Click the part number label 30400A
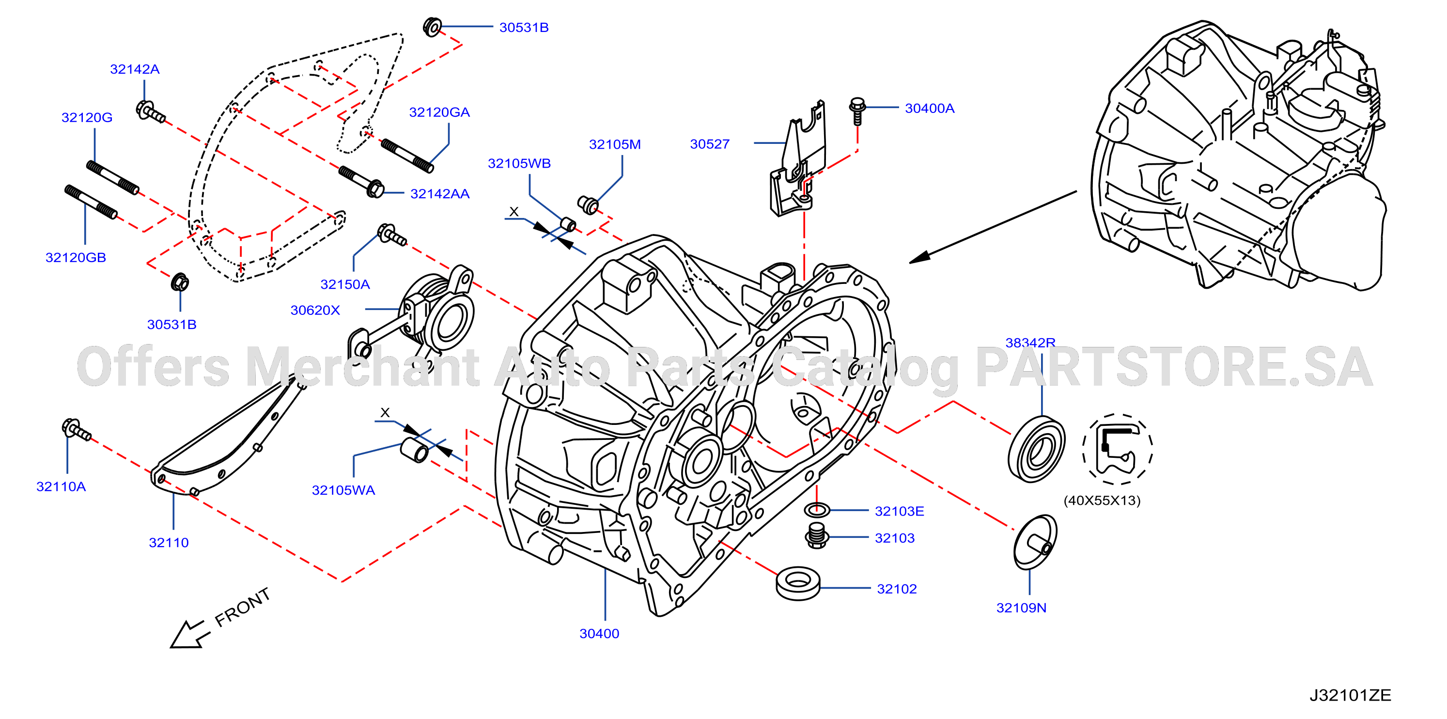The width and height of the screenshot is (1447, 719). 929,108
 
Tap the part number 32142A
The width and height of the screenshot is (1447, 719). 135,69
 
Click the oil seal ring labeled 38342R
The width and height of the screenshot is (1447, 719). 1036,448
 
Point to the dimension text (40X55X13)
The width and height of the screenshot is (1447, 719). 1102,500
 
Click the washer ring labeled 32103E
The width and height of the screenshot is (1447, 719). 817,510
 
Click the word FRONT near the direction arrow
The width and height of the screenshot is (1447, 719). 243,607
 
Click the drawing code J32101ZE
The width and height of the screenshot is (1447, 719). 1351,695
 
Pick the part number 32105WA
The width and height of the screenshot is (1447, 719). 343,490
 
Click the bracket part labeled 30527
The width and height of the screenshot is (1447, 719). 798,160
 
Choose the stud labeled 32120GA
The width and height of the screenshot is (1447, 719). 407,156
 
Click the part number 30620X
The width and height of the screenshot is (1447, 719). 315,310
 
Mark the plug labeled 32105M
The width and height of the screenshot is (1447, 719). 588,205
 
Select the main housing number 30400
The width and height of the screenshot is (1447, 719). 599,634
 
